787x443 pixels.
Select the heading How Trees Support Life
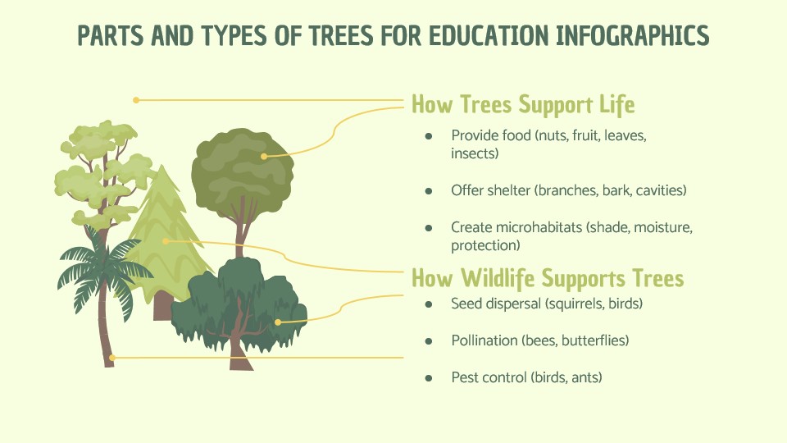[523, 104]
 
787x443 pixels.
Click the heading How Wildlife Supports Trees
[548, 278]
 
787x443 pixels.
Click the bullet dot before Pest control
[429, 377]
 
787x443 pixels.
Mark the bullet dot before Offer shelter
[429, 191]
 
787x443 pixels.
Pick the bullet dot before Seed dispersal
[429, 304]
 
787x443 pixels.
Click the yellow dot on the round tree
[264, 156]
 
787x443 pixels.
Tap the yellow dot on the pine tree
[166, 241]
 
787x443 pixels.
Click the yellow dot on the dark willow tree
[278, 322]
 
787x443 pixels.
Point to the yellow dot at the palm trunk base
[112, 358]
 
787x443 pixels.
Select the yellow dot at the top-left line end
[136, 100]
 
